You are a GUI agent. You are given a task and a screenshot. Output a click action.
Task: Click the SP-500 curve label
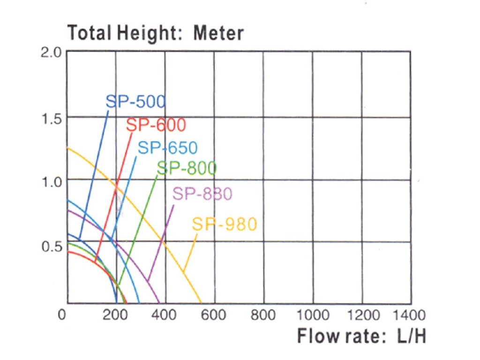135,101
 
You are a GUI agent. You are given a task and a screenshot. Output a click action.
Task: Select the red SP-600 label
156,125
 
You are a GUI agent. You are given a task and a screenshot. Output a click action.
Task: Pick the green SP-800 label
187,168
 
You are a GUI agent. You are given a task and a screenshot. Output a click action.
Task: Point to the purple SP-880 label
202,194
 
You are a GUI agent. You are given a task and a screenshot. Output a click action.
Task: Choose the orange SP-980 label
225,225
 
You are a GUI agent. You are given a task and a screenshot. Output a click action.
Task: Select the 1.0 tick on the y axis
51,181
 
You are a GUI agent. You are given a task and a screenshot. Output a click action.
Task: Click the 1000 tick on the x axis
312,314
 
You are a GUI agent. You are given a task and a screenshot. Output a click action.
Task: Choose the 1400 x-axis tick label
411,314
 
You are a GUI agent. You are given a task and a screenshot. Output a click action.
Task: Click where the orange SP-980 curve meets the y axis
67,148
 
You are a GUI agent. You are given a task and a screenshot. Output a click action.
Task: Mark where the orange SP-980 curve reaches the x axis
202,303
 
